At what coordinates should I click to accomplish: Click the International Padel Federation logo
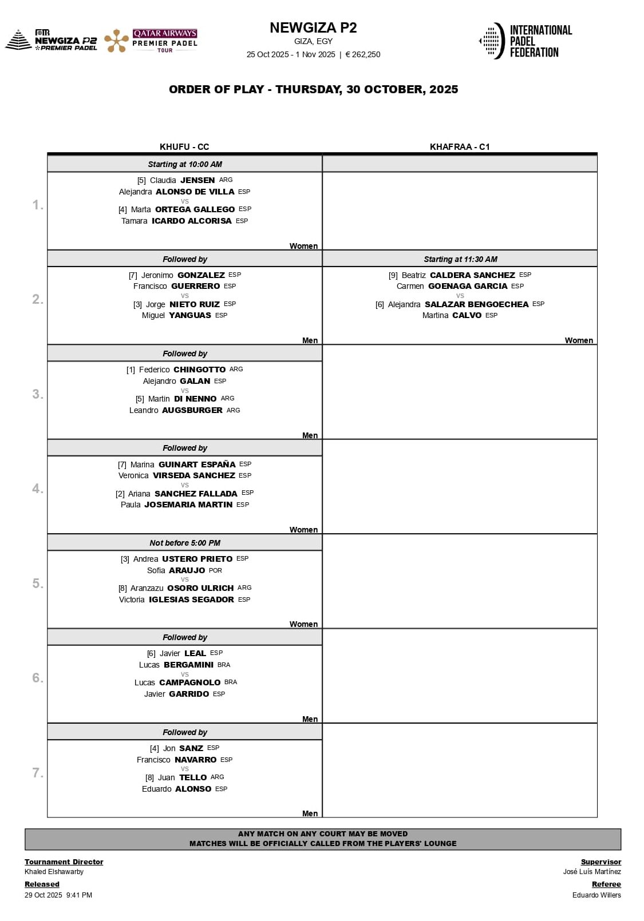point(526,41)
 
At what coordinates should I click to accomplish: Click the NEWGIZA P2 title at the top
point(313,28)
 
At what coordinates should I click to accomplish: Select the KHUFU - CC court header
point(184,147)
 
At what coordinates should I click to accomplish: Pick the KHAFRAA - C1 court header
point(460,147)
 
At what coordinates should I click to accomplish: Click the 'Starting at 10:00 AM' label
point(184,164)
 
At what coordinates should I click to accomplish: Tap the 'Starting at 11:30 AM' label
point(460,259)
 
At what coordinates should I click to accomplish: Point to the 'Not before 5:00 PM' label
point(184,543)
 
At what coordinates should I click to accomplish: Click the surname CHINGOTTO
point(199,370)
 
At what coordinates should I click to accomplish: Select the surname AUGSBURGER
point(192,410)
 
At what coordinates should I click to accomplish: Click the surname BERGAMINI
point(188,665)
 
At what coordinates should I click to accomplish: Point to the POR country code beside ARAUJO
point(215,570)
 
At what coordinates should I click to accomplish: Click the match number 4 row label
point(37,489)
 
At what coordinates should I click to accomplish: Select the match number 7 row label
point(37,773)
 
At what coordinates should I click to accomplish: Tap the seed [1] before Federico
point(131,370)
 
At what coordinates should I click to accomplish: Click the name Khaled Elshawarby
point(54,872)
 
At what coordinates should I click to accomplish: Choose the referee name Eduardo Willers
point(596,895)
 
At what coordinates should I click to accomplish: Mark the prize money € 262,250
point(363,55)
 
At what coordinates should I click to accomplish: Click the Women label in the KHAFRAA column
point(579,340)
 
